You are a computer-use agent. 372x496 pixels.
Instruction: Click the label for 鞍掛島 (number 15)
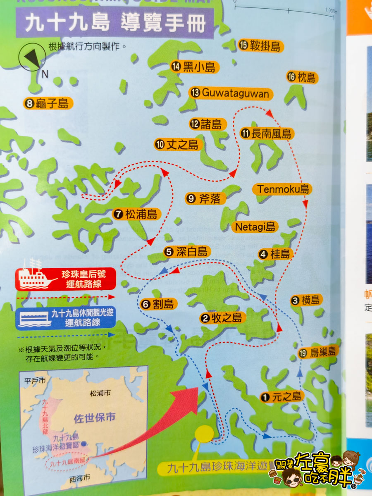click(260, 46)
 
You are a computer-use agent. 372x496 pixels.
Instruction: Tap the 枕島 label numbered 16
click(302, 77)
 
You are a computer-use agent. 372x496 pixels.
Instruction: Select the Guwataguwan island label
click(231, 93)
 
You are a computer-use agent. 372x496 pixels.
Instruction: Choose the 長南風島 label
click(267, 134)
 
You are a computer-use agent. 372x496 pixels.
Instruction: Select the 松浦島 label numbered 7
click(136, 214)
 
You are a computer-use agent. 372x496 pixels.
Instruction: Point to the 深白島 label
click(187, 252)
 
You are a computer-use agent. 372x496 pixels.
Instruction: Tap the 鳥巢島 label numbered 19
click(318, 352)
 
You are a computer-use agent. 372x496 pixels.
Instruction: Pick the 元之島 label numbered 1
click(281, 397)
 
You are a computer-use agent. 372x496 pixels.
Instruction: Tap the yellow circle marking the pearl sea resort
click(203, 434)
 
